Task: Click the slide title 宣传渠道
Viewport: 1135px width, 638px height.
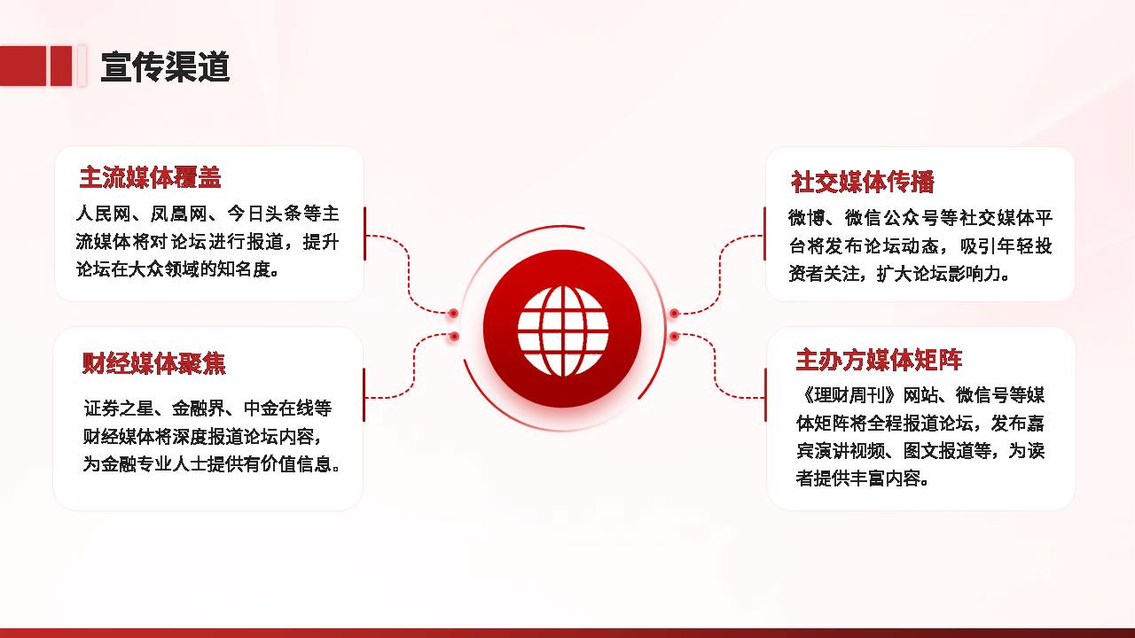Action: [x=165, y=66]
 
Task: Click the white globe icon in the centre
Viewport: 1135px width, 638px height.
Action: [x=563, y=331]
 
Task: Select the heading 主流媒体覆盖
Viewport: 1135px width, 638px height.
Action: [x=151, y=177]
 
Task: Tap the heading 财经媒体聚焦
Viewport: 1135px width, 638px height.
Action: [x=154, y=363]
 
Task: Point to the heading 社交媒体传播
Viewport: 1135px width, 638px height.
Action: [x=863, y=182]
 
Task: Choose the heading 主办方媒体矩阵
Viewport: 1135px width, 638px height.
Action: [x=879, y=360]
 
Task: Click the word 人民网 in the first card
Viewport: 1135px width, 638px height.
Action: [x=104, y=214]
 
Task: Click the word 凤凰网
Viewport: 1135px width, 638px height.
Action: [x=179, y=214]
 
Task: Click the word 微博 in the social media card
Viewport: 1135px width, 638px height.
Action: [x=806, y=218]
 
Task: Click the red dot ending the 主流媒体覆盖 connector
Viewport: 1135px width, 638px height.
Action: [x=453, y=314]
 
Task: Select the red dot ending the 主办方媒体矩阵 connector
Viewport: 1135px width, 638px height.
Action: [x=674, y=336]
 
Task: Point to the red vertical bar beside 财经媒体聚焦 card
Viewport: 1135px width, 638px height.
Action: [x=364, y=395]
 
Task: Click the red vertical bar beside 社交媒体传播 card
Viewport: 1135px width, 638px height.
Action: [x=764, y=233]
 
